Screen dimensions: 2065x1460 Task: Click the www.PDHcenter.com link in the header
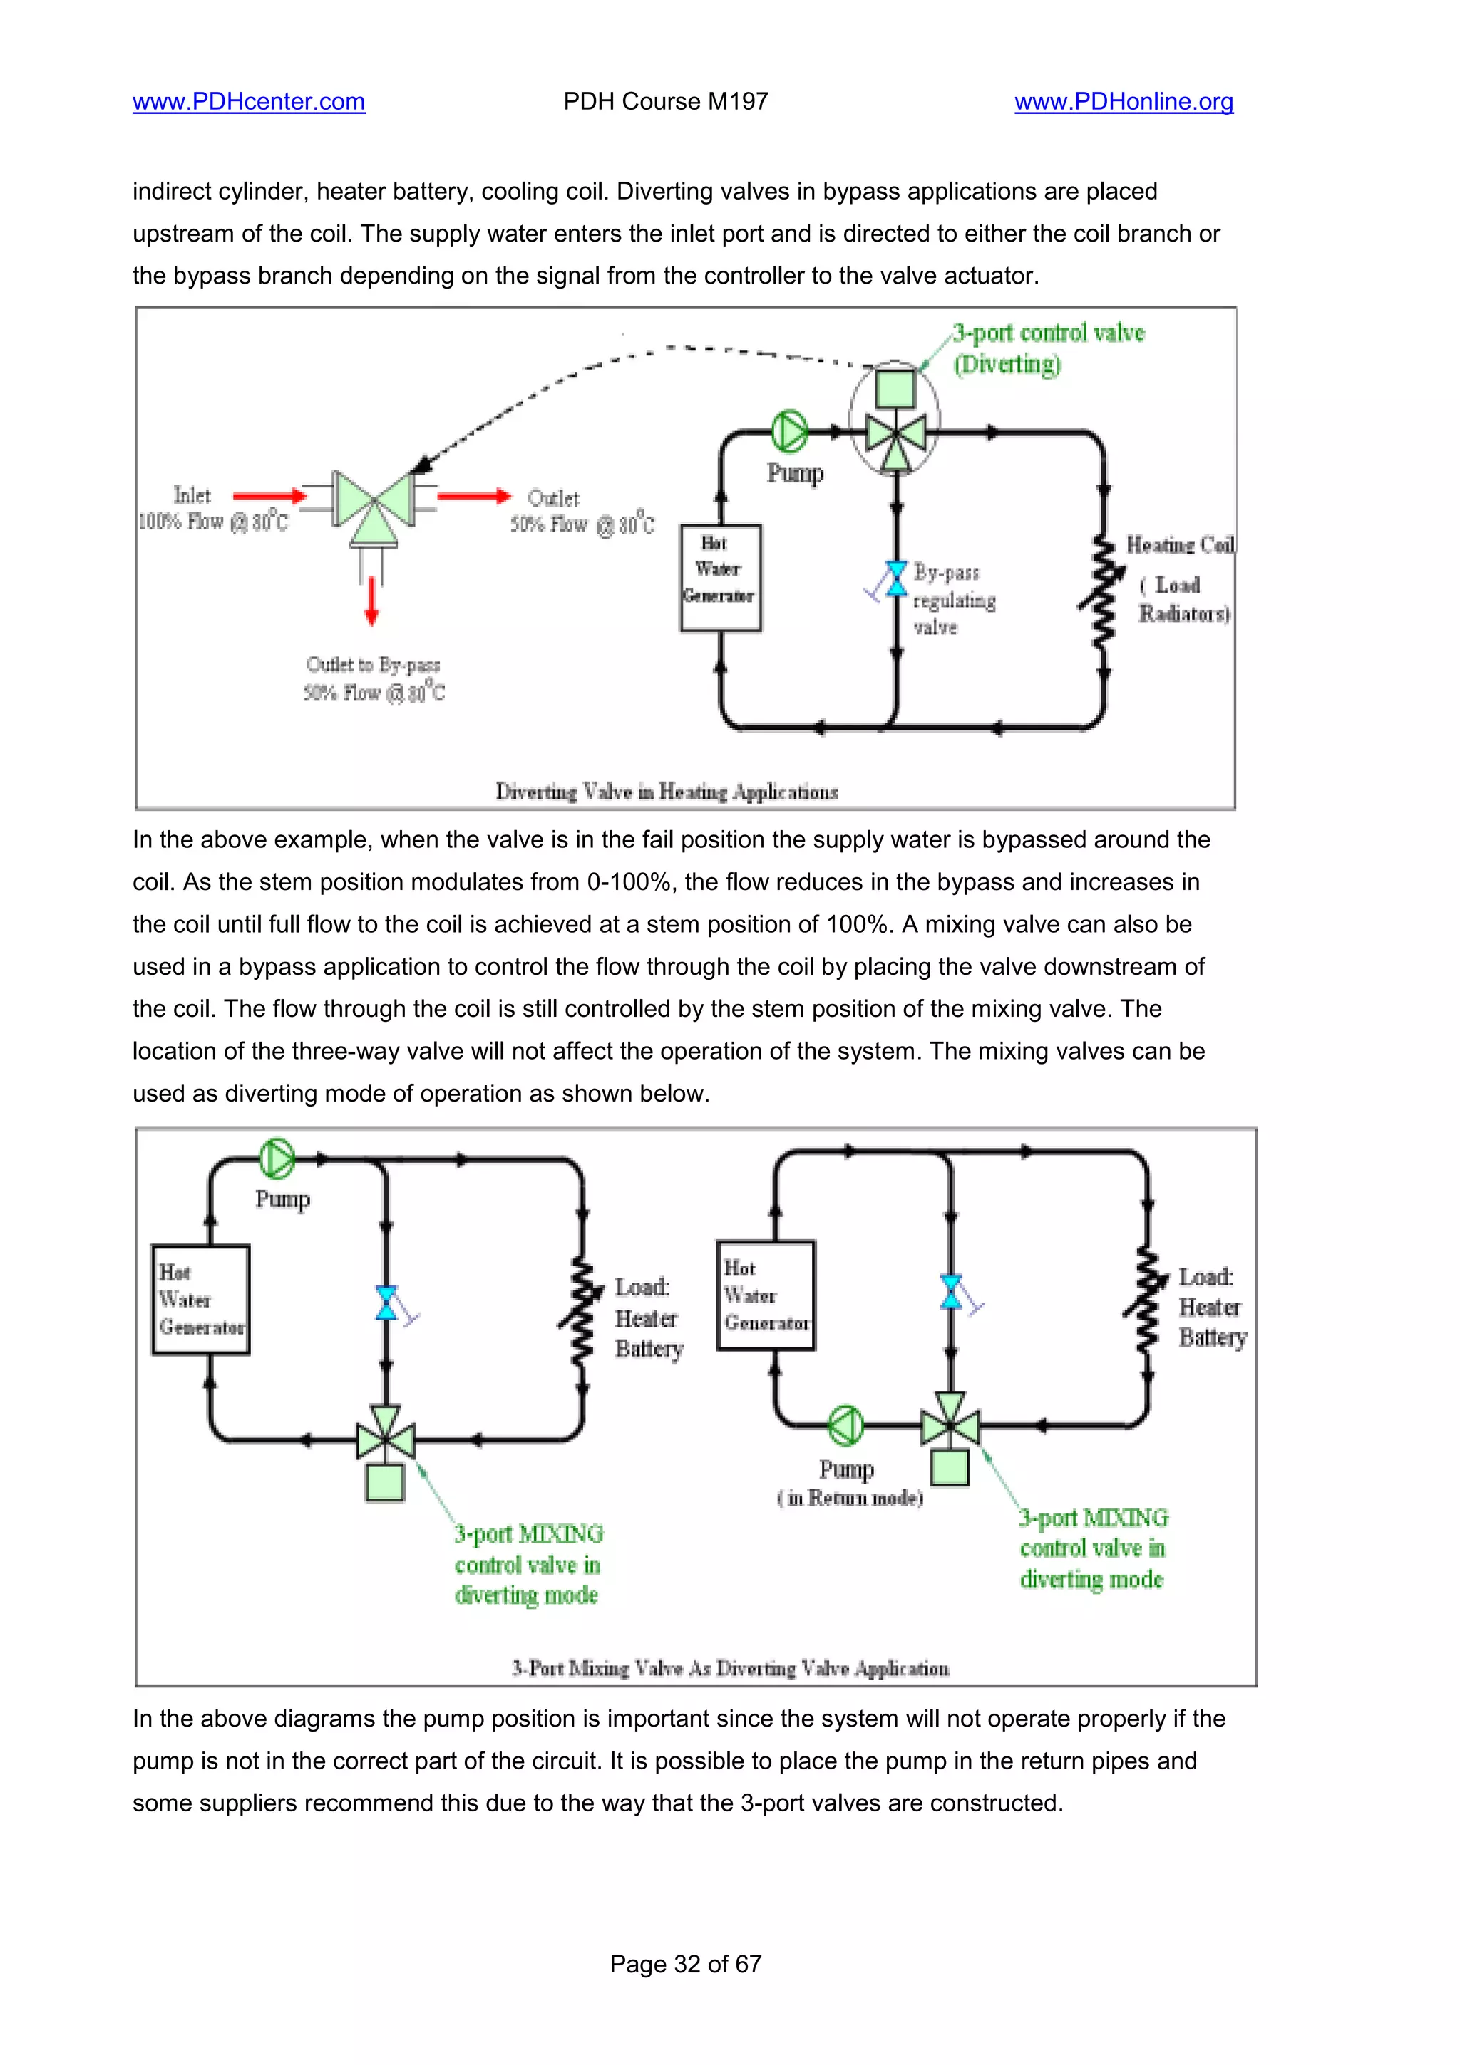click(x=248, y=102)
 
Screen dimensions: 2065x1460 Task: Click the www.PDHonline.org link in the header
click(x=1124, y=102)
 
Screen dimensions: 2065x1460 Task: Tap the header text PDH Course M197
click(x=666, y=102)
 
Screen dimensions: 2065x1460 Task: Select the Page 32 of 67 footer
click(x=686, y=1963)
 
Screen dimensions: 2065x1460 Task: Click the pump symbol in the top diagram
click(x=790, y=431)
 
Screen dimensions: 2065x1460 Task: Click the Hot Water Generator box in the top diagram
click(x=719, y=576)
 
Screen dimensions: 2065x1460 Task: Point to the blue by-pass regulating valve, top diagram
click(x=895, y=579)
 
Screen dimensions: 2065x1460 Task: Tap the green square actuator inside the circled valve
click(x=895, y=388)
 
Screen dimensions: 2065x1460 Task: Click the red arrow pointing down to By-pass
click(x=371, y=600)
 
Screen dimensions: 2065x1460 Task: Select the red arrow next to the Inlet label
click(x=269, y=495)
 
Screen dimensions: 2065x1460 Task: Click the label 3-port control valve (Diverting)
click(x=1048, y=348)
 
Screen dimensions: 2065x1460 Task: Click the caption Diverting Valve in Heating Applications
click(x=667, y=792)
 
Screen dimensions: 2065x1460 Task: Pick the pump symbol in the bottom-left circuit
click(x=277, y=1159)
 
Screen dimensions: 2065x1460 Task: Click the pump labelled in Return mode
click(x=845, y=1424)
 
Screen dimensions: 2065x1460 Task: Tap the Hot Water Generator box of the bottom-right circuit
click(x=766, y=1295)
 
